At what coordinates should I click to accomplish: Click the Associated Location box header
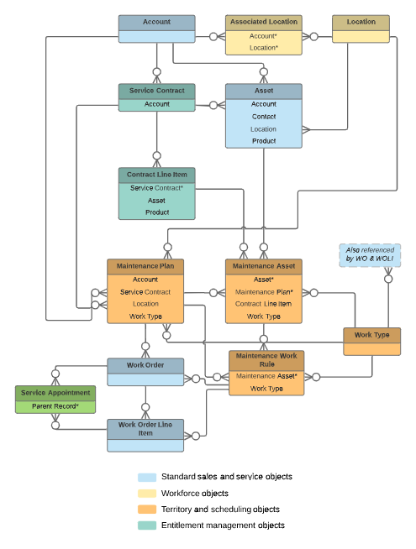pos(264,22)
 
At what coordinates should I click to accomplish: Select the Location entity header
pos(361,22)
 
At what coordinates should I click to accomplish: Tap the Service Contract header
pos(156,91)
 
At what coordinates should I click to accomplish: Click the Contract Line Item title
pos(156,175)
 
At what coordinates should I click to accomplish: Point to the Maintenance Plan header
pos(145,266)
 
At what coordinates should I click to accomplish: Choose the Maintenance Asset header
pos(264,266)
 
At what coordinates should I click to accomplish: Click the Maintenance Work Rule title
pos(266,360)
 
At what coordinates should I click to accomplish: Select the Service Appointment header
pos(55,393)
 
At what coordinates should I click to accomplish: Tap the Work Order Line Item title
pos(145,429)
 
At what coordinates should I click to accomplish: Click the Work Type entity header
pos(371,335)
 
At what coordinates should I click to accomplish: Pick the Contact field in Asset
pos(264,117)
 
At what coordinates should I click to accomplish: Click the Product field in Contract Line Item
pos(157,212)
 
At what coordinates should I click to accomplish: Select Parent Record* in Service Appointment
pos(55,406)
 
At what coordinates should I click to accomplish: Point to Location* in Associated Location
pos(264,48)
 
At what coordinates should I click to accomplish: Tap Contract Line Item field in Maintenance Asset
pos(263,304)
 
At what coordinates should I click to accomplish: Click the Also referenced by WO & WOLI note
pos(370,255)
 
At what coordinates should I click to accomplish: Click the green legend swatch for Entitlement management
pos(147,525)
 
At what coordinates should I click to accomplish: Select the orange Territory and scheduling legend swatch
pos(147,509)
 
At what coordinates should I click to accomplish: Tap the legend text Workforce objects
pos(195,494)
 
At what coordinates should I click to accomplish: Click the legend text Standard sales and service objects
pos(227,477)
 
